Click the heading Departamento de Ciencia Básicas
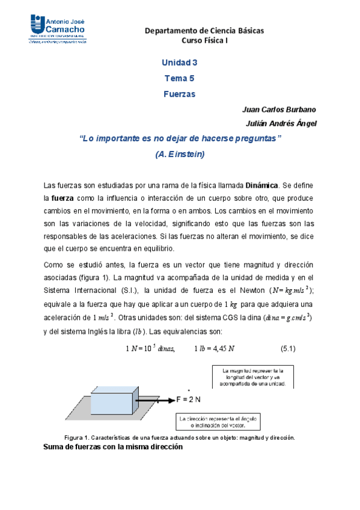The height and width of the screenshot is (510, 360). [205, 31]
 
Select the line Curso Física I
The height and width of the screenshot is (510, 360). [205, 40]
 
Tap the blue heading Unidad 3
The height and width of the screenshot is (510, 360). [179, 63]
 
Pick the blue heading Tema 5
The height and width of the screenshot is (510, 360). [179, 78]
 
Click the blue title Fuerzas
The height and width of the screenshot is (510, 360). [179, 94]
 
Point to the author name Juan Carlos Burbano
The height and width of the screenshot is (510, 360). [279, 109]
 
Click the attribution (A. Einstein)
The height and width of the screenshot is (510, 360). [180, 154]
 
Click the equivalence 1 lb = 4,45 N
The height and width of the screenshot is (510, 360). [215, 349]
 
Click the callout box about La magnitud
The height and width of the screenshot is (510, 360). [252, 377]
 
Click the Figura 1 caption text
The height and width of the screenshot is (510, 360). [179, 437]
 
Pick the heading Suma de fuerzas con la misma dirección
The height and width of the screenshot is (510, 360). [114, 447]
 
